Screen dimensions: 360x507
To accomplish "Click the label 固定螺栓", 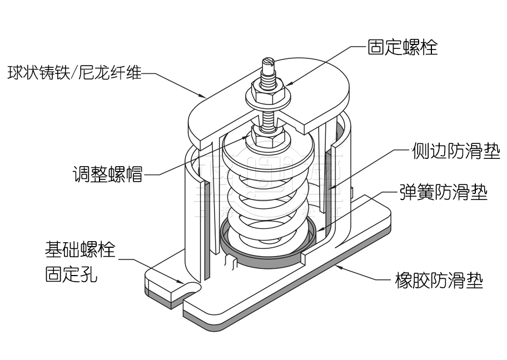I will pos(402,47).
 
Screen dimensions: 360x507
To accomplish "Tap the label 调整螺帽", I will pos(107,174).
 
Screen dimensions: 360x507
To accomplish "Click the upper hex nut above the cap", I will pos(269,88).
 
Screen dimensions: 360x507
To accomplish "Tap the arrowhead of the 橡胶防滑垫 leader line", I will pos(336,266).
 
